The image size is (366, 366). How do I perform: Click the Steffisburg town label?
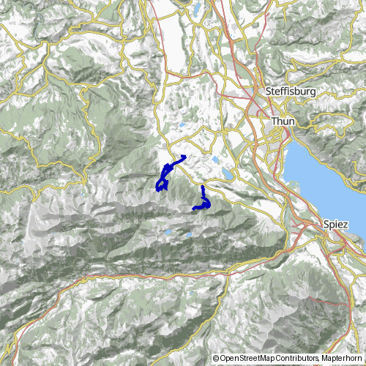coord(286,91)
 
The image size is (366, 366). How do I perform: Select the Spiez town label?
coord(335,225)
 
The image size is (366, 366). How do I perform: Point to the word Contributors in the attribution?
coord(299,358)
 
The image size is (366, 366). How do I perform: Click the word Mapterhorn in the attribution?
coord(342,358)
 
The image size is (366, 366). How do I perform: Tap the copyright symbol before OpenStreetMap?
coord(216,358)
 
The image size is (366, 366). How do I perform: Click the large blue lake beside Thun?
coord(322,183)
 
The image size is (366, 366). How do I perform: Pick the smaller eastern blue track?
coord(203,201)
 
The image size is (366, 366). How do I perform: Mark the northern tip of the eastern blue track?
coord(202,187)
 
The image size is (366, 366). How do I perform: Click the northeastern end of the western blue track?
coord(186,157)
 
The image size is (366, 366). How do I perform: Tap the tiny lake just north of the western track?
coord(182,125)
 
